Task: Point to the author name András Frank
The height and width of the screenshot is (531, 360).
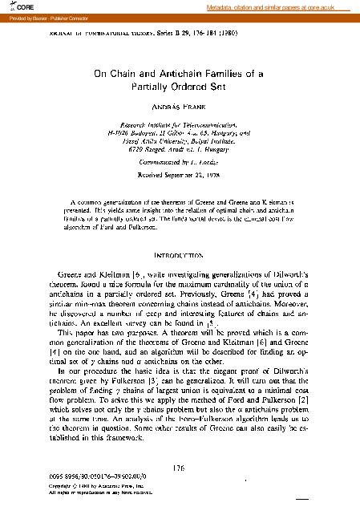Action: click(179, 106)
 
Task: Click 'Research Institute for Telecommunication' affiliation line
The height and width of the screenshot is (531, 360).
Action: click(179, 126)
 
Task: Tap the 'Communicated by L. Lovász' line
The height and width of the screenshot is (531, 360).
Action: click(179, 160)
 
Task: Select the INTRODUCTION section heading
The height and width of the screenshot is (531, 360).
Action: click(179, 254)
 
